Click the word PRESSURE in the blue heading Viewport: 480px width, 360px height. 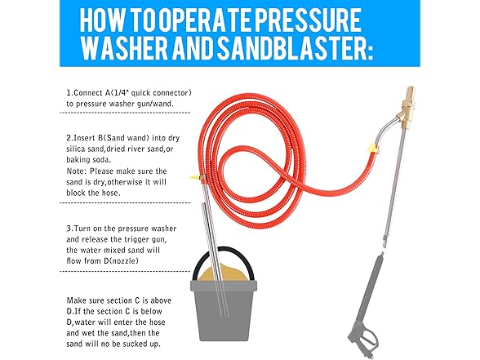click(308, 20)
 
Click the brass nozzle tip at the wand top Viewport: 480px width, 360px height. click(409, 91)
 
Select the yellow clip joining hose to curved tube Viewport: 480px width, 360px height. click(373, 149)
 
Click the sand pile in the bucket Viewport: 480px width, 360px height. click(223, 273)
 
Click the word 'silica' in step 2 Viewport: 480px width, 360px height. click(76, 149)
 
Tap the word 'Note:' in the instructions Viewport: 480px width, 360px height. click(77, 171)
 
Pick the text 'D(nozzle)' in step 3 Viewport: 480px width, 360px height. click(120, 261)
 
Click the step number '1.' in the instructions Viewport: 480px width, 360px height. click(70, 93)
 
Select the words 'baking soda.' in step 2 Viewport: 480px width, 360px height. click(89, 160)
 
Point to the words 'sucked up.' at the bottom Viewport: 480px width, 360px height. click(141, 344)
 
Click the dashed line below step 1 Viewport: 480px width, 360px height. click(125, 113)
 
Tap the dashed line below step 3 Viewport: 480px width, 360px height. click(125, 271)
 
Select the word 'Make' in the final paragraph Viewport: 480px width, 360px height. click(76, 300)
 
